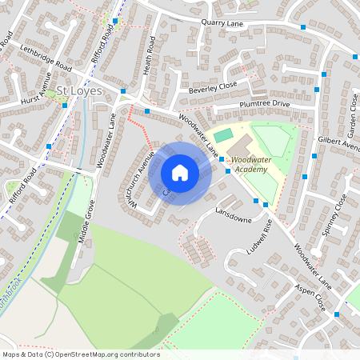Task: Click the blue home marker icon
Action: [180, 173]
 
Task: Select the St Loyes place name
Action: [78, 92]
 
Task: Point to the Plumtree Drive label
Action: [264, 105]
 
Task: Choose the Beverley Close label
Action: [213, 89]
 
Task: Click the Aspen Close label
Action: [310, 297]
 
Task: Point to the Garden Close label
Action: [352, 113]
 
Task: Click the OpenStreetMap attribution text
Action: [80, 354]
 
